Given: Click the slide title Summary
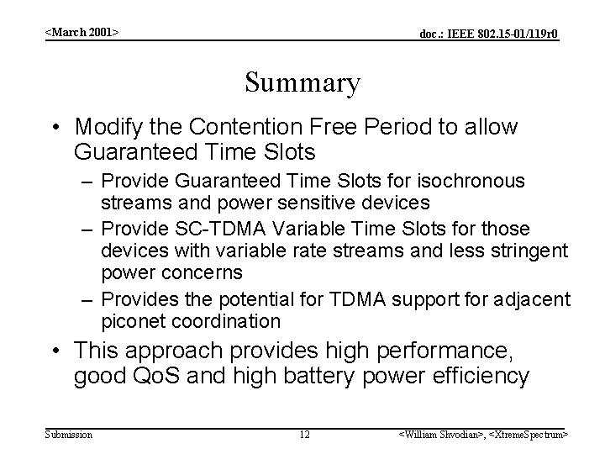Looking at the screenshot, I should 302,83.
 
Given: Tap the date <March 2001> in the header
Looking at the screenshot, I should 82,31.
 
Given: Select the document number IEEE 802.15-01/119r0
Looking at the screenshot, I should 489,34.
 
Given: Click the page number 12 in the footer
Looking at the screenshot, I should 305,434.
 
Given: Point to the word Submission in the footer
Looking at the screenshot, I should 69,434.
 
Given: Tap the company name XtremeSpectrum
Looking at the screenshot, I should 527,434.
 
